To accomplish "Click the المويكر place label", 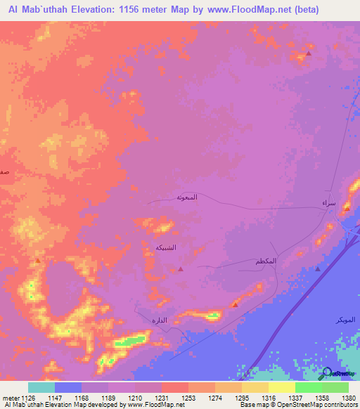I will pyautogui.click(x=345, y=320).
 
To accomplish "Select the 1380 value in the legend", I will pyautogui.click(x=348, y=398).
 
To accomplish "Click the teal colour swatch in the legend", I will pyautogui.click(x=41, y=387).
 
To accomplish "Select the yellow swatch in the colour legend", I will pyautogui.click(x=281, y=387).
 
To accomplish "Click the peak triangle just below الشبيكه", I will pyautogui.click(x=181, y=268).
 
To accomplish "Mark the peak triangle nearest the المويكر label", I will pyautogui.click(x=317, y=268).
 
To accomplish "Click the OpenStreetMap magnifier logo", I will pyautogui.click(x=327, y=372).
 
